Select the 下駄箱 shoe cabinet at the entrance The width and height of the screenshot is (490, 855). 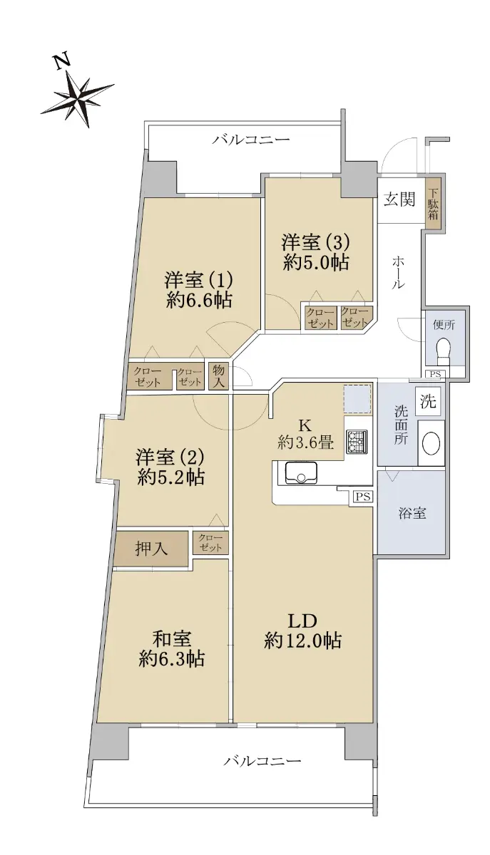tap(433, 204)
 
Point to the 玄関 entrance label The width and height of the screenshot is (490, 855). tap(399, 199)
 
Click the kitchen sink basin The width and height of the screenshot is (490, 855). tap(301, 473)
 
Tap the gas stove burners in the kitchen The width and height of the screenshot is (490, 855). tap(357, 442)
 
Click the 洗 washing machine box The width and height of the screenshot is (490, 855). tap(428, 401)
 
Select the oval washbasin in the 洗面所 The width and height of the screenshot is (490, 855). tap(431, 443)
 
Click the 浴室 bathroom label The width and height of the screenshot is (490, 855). tap(412, 513)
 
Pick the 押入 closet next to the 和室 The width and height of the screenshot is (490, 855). tap(151, 549)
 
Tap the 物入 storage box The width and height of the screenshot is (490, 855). tap(219, 375)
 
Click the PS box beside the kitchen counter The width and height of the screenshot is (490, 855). tap(363, 497)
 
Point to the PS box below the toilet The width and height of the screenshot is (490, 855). tap(435, 374)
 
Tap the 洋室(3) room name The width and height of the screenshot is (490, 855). tap(316, 242)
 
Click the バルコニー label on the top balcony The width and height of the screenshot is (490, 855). tap(251, 140)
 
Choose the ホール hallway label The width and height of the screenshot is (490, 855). tap(398, 272)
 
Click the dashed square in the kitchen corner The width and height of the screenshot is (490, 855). tap(357, 399)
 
